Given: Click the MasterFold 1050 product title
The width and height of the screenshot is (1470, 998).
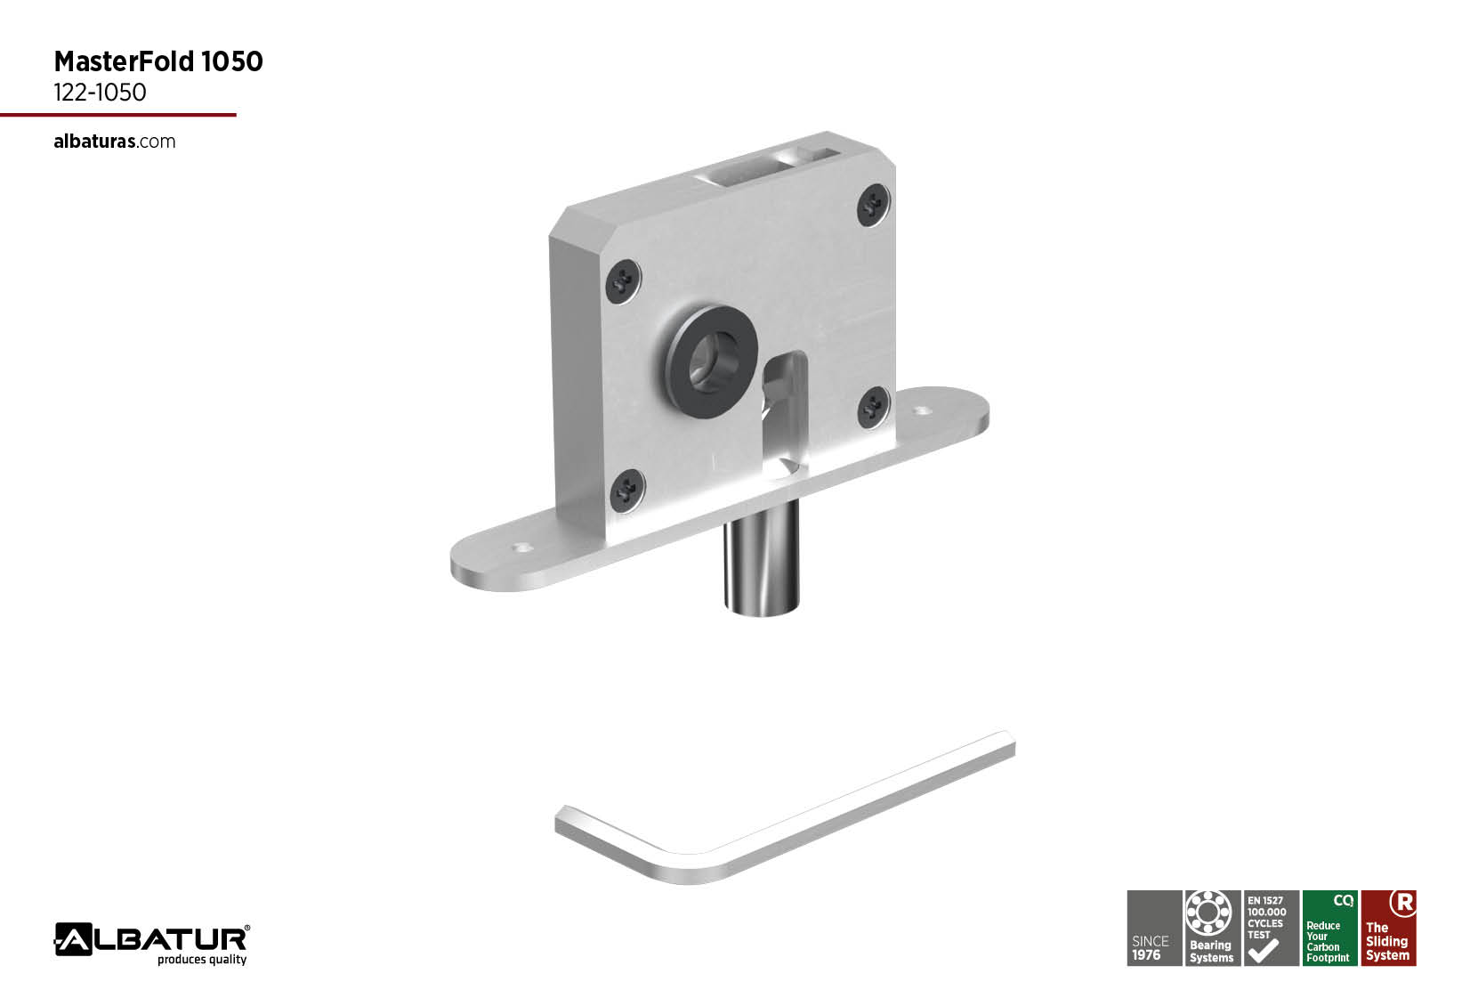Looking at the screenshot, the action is (158, 61).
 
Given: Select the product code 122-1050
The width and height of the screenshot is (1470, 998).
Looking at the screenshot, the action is (100, 93).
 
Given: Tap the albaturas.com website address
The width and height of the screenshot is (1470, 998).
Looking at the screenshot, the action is (115, 142).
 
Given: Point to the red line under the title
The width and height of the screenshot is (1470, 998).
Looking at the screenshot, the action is (118, 115).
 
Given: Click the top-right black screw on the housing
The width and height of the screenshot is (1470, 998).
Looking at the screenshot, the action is (874, 206).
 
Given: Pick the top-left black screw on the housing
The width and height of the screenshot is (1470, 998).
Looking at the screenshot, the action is (623, 281).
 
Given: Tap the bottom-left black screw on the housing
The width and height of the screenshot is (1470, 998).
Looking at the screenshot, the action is (627, 491).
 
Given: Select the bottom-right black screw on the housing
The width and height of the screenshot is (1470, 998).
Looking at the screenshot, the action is (874, 408).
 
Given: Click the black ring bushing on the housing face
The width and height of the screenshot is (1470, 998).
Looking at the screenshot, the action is (711, 361).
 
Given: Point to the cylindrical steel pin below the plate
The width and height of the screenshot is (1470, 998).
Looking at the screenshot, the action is (762, 558).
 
